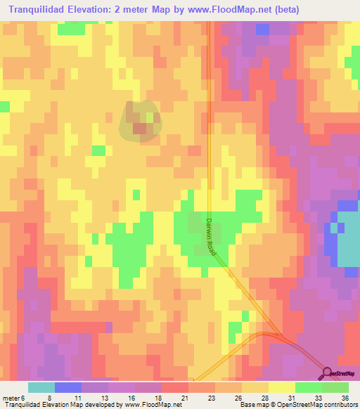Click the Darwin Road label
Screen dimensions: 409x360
pos(211,235)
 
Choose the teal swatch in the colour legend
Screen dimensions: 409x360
pos(41,387)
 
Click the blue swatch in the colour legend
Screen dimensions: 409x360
pos(67,387)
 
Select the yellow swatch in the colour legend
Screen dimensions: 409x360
pos(282,387)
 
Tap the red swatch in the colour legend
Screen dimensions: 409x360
pos(175,387)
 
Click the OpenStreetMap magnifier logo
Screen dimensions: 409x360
pos(328,373)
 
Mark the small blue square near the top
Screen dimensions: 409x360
pos(262,30)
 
